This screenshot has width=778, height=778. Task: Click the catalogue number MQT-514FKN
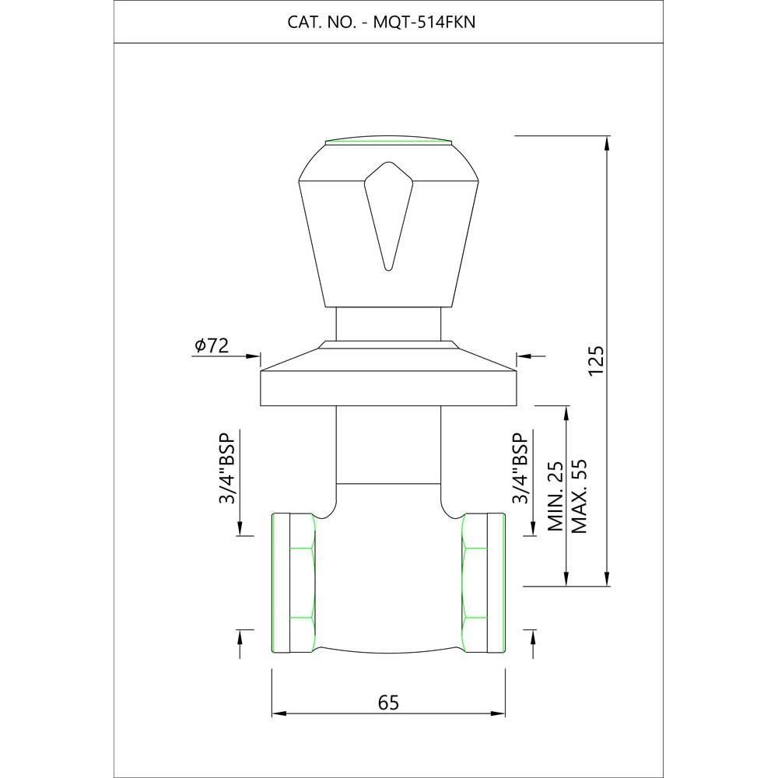(424, 23)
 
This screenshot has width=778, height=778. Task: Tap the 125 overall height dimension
(597, 361)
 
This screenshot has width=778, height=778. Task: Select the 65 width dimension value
(388, 703)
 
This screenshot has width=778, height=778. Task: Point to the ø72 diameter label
(212, 345)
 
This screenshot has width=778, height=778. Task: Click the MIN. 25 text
(555, 496)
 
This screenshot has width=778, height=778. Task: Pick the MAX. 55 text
(579, 496)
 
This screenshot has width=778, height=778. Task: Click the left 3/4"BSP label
(226, 468)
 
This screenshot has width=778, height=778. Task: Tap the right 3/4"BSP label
(520, 468)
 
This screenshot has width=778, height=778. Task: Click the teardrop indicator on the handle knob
(388, 216)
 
